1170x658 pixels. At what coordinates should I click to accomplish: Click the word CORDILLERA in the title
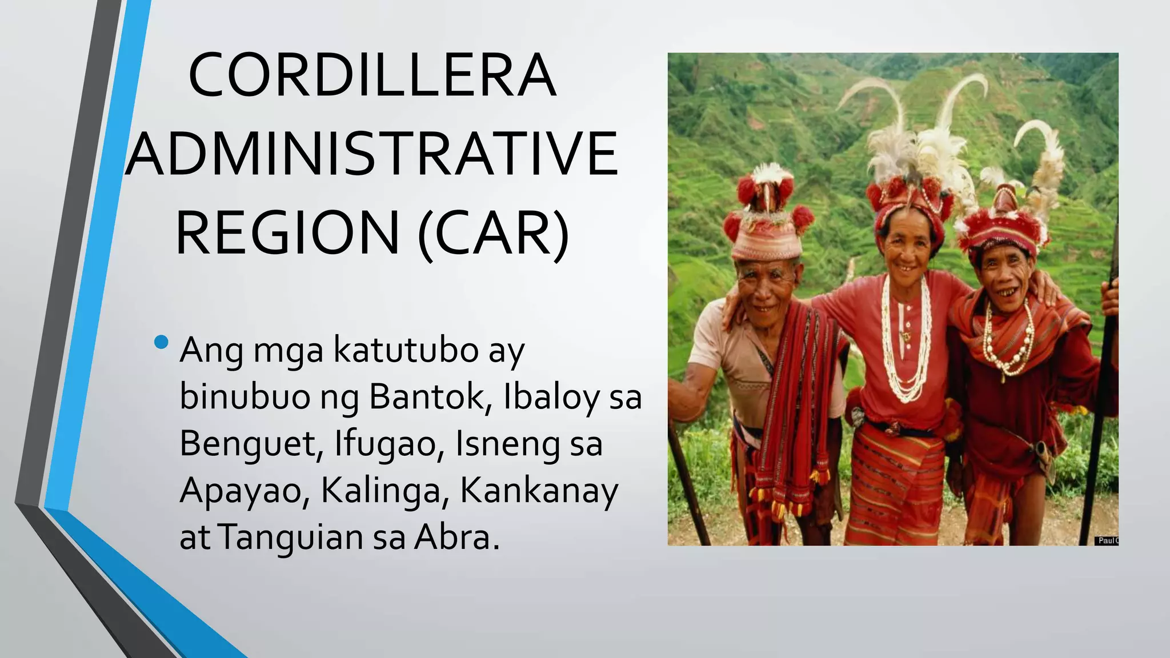372,76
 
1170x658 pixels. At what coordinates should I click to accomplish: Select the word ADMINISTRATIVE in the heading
372,154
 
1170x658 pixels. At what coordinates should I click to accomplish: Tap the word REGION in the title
287,233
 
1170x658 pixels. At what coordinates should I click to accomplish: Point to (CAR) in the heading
494,233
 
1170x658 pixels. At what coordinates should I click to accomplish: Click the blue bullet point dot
161,342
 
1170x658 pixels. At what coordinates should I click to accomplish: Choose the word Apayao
245,491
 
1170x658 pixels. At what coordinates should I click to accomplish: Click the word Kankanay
539,491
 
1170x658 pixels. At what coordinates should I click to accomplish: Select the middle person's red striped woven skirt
894,486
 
